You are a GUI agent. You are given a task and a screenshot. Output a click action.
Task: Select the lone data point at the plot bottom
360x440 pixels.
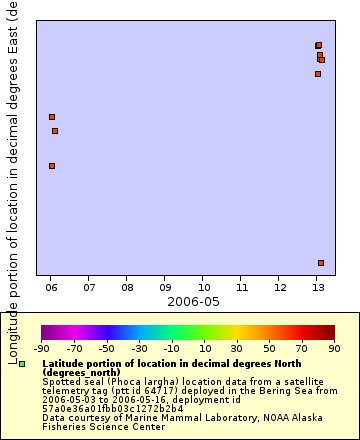pyautogui.click(x=321, y=263)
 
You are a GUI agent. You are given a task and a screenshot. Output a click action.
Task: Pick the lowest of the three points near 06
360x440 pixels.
pyautogui.click(x=52, y=166)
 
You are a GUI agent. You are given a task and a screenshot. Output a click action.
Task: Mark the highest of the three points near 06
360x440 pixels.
pyautogui.click(x=52, y=117)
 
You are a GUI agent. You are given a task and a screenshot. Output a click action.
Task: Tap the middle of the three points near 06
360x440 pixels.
pyautogui.click(x=55, y=131)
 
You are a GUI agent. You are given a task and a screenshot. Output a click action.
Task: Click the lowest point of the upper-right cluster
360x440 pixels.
pyautogui.click(x=318, y=74)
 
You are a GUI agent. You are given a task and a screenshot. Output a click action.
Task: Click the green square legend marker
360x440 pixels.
pyautogui.click(x=22, y=365)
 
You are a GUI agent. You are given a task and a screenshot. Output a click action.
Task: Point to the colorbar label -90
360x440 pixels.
pyautogui.click(x=42, y=348)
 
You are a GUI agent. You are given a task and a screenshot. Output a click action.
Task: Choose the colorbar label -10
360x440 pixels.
pyautogui.click(x=171, y=348)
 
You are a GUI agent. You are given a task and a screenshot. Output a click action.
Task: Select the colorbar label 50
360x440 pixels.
pyautogui.click(x=270, y=348)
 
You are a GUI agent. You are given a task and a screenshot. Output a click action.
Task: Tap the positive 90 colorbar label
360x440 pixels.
pyautogui.click(x=334, y=348)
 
